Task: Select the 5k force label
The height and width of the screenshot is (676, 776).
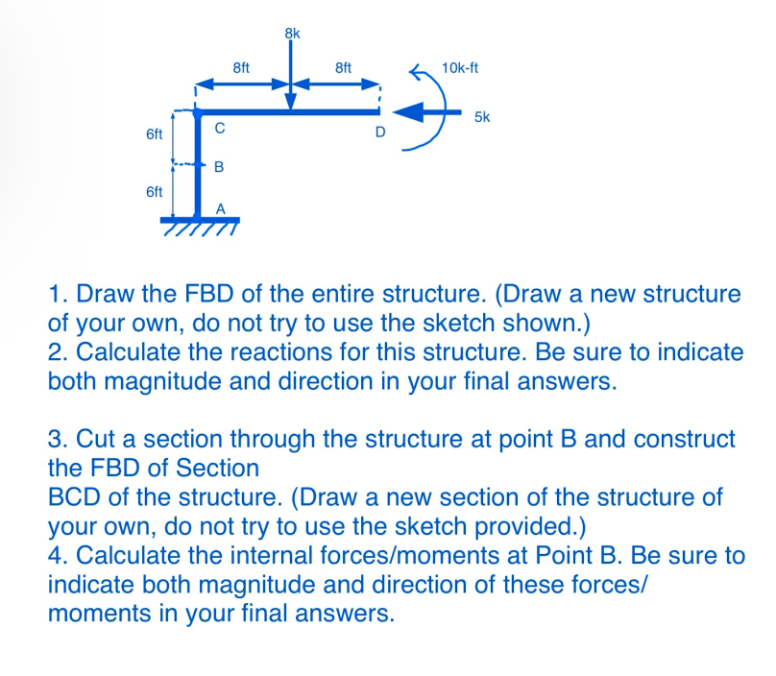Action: [482, 118]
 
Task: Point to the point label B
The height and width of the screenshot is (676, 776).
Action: [218, 167]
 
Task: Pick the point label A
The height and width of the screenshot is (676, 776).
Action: [220, 208]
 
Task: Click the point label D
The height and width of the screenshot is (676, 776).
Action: [380, 133]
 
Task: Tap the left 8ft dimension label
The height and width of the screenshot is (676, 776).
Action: [242, 68]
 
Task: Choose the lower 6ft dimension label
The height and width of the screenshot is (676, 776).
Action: [154, 191]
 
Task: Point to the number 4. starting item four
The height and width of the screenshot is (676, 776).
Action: [58, 556]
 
